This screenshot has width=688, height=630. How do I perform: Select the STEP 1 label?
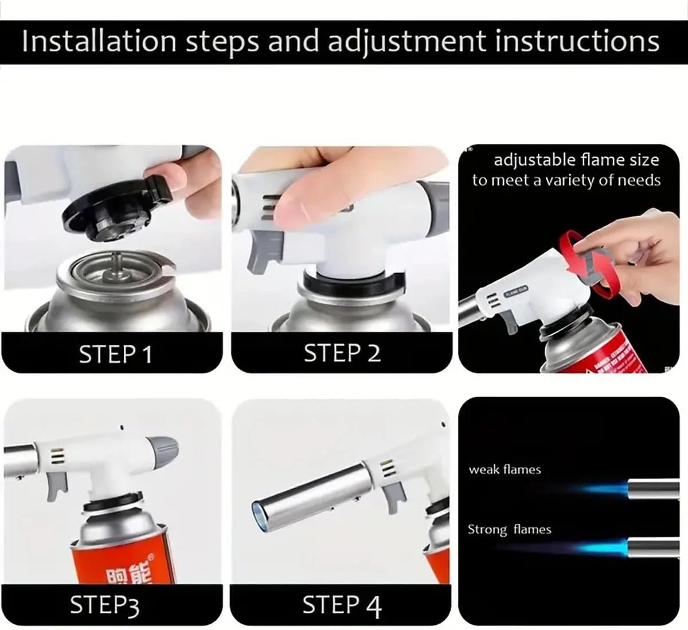pyautogui.click(x=116, y=354)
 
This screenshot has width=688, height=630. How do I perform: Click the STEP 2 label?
pyautogui.click(x=342, y=353)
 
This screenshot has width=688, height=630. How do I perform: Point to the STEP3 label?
pyautogui.click(x=104, y=605)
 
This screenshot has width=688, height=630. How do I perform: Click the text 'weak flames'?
pyautogui.click(x=505, y=469)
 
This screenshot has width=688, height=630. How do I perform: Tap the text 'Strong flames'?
pyautogui.click(x=509, y=529)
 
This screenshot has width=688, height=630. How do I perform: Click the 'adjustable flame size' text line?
pyautogui.click(x=576, y=159)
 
